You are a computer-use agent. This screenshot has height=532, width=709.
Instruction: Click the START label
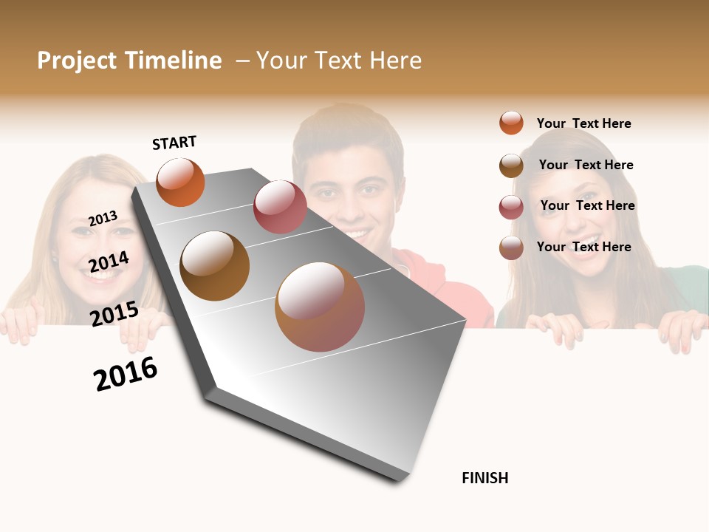[x=174, y=143]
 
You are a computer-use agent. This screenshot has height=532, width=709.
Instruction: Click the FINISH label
[x=484, y=478]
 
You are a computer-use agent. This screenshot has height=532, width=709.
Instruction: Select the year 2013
[x=103, y=218]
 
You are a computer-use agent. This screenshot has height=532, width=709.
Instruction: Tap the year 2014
[x=109, y=262]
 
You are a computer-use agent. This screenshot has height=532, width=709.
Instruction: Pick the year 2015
[x=114, y=313]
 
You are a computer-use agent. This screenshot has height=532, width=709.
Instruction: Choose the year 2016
[x=126, y=374]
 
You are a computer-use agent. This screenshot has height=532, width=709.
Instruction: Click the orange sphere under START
[x=180, y=183]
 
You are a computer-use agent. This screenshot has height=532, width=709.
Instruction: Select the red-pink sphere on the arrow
[x=280, y=207]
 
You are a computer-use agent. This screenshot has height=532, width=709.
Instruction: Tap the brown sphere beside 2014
[x=215, y=266]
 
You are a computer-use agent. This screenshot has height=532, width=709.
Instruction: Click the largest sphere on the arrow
[x=320, y=307]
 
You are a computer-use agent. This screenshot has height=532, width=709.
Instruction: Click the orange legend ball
[x=511, y=123]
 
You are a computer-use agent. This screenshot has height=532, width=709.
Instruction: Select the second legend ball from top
[x=511, y=165]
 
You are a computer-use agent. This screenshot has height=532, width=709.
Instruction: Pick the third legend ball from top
[x=511, y=206]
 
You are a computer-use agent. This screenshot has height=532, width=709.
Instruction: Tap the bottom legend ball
[x=511, y=247]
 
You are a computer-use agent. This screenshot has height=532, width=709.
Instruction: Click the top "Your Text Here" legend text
[x=583, y=123]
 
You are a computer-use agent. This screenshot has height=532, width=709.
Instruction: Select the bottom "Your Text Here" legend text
[x=583, y=247]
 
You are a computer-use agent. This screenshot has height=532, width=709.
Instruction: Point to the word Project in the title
[x=77, y=61]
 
